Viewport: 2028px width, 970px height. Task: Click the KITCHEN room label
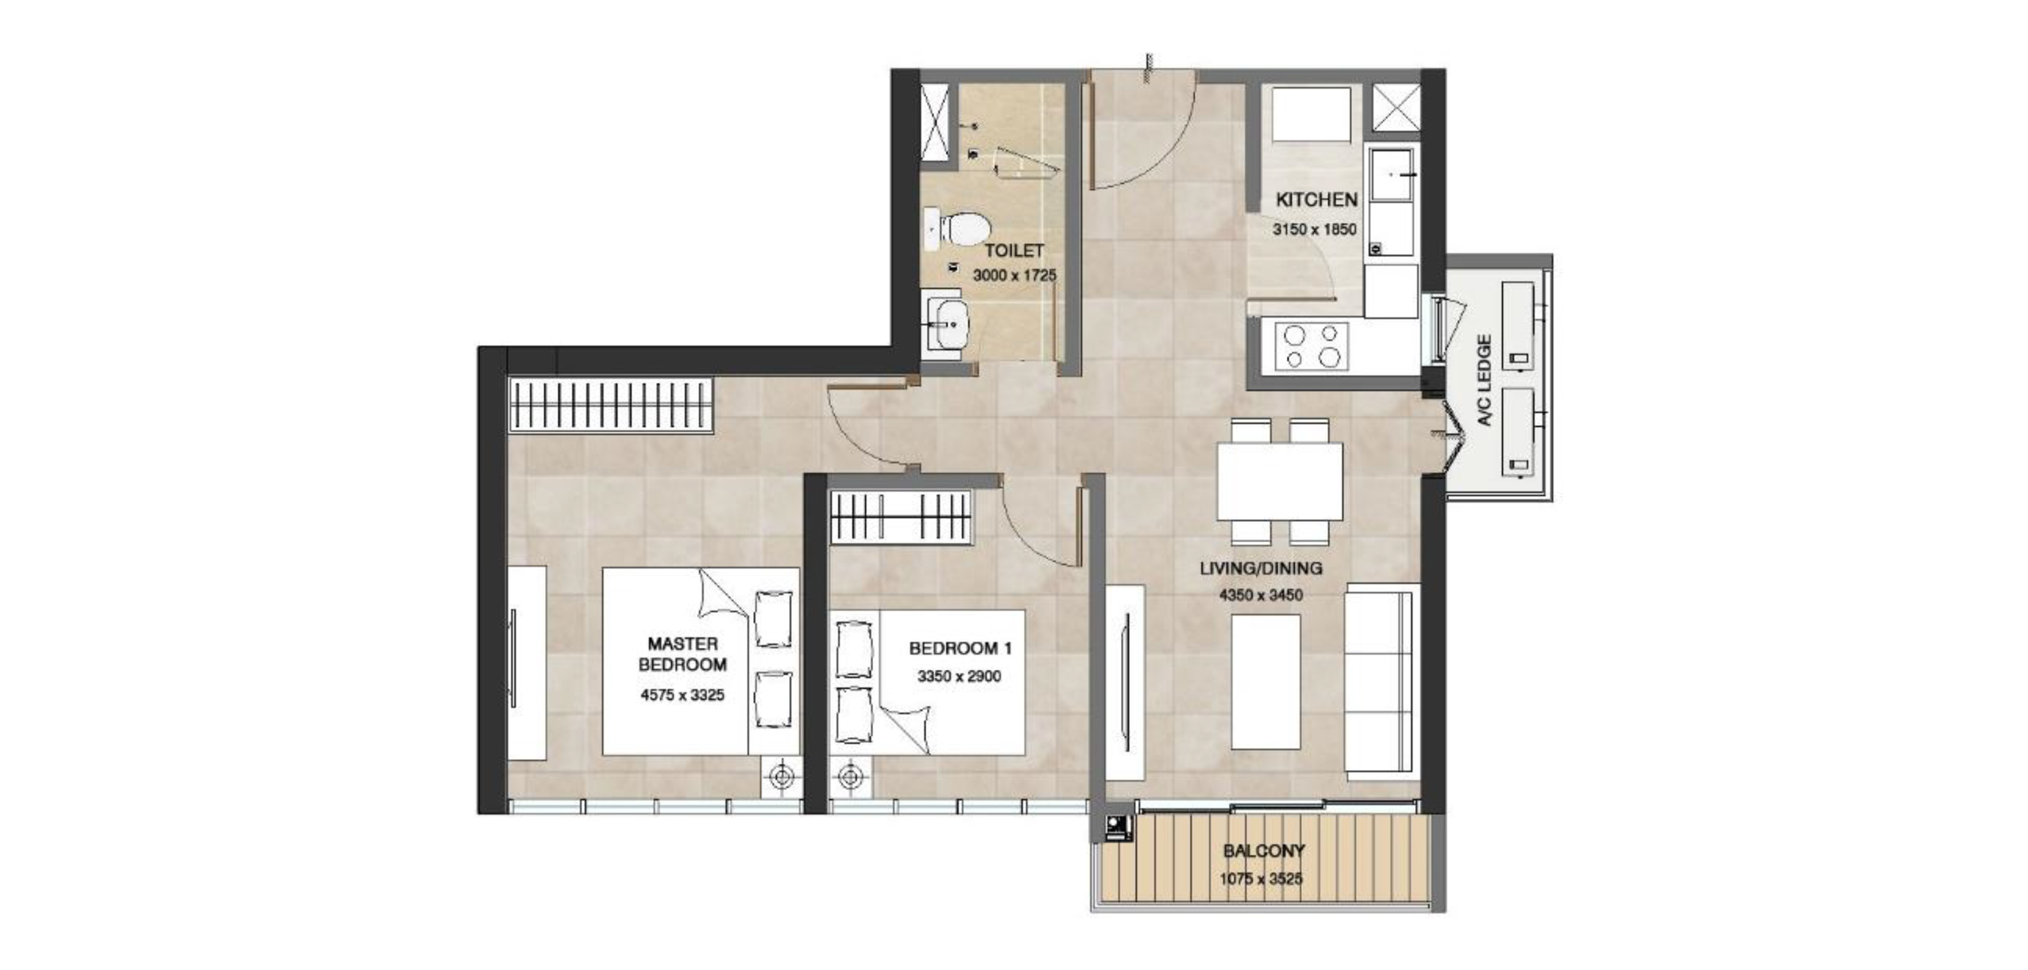tap(1316, 200)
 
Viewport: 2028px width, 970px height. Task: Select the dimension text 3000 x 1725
tap(1014, 276)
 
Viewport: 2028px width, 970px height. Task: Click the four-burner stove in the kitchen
tap(1311, 346)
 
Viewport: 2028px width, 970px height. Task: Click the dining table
tap(1280, 481)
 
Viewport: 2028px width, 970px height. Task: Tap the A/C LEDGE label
tap(1485, 380)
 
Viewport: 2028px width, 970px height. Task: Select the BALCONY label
tap(1264, 852)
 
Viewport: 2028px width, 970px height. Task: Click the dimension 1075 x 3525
tap(1261, 880)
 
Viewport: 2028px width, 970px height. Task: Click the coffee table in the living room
tap(1265, 682)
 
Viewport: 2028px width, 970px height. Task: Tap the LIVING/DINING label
tap(1261, 568)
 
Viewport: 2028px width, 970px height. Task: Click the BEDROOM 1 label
tap(960, 649)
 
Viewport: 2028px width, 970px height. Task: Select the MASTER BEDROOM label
tap(682, 654)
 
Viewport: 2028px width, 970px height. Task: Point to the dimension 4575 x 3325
tap(682, 695)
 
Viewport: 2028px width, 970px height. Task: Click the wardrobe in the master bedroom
tap(611, 405)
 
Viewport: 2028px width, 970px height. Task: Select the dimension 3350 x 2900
tap(959, 677)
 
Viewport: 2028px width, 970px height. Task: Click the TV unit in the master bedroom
tap(527, 663)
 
